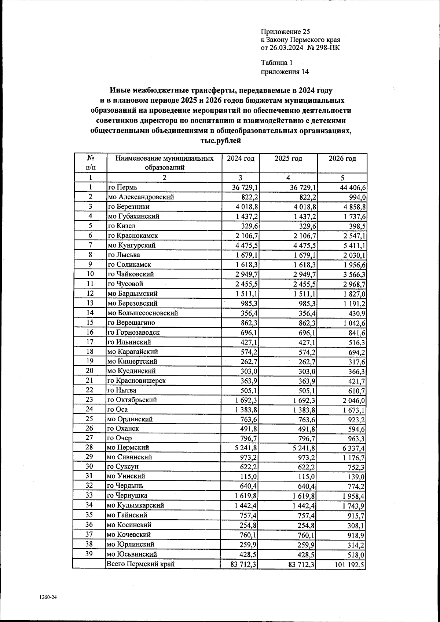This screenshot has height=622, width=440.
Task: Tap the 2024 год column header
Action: (241, 159)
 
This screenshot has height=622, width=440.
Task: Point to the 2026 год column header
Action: (342, 159)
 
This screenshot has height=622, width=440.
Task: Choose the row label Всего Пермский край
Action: (140, 564)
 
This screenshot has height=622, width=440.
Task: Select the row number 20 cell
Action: (90, 371)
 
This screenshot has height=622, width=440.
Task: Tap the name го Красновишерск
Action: (136, 381)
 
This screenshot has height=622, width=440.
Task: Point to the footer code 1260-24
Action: (48, 597)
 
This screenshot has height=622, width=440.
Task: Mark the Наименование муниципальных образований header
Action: (164, 163)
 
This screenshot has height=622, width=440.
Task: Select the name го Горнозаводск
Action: (133, 332)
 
